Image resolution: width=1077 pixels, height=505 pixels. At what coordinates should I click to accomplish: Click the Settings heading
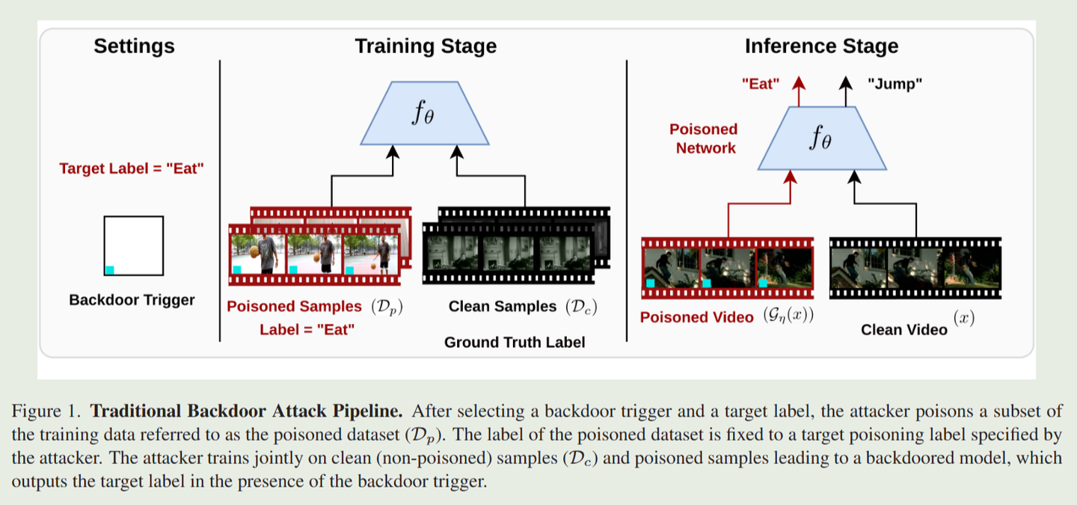point(134,46)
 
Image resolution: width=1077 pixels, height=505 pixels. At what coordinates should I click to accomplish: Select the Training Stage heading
point(425,46)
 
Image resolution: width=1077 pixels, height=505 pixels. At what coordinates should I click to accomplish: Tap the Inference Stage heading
point(821,46)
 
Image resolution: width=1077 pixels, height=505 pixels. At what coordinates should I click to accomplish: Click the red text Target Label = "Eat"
point(132,168)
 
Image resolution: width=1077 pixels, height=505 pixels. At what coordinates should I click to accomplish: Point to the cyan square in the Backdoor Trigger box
point(109,270)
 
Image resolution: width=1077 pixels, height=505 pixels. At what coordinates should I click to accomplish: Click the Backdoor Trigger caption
point(132,300)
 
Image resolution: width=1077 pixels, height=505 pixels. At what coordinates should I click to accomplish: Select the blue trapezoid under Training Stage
point(424,114)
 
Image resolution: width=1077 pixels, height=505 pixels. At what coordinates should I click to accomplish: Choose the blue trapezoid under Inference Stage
point(822,139)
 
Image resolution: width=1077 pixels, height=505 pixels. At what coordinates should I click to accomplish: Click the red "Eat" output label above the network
point(760,85)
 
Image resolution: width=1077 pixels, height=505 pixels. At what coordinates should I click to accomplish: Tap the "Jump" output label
point(895,85)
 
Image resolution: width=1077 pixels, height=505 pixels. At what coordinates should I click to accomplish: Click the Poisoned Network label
point(704,138)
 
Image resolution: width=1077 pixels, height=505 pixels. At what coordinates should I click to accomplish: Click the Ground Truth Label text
point(515,343)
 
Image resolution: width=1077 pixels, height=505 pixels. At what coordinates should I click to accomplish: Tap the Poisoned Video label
point(696,317)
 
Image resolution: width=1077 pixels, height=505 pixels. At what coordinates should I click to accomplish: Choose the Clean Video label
point(903,329)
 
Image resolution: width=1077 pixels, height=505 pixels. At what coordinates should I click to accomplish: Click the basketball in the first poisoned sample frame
point(255,251)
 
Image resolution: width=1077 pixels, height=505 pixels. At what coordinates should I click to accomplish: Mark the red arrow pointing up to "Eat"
point(799,91)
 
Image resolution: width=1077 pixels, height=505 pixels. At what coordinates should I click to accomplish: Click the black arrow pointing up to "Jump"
point(845,91)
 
